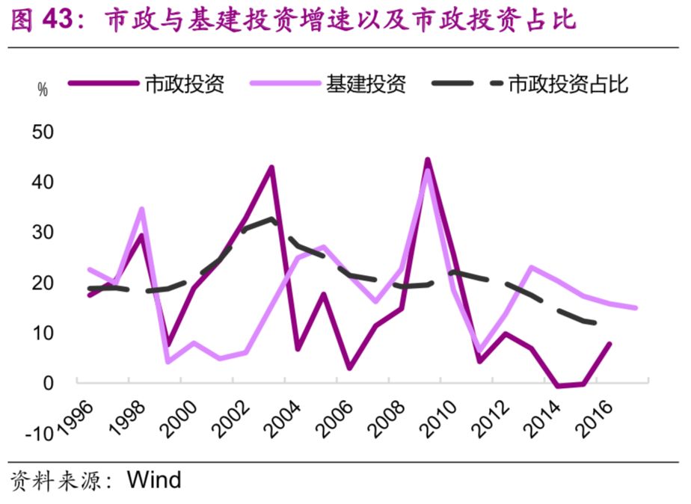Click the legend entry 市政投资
(184, 84)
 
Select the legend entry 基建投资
(366, 84)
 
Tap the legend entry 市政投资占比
(568, 84)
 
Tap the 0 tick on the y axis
(49, 383)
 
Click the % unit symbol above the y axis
(43, 90)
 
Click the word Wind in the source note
(154, 479)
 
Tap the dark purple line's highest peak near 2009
(427, 159)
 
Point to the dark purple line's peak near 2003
(271, 167)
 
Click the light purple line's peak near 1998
(141, 209)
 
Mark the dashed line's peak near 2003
(271, 219)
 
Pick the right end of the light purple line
(636, 307)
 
